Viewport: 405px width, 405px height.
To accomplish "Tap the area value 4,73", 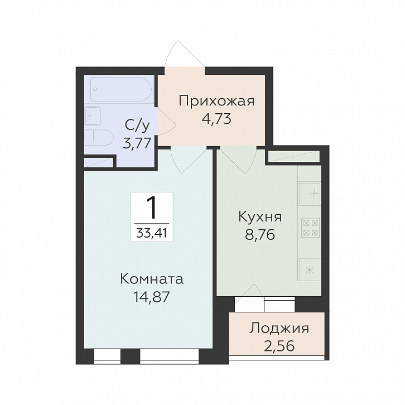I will tap(216, 118).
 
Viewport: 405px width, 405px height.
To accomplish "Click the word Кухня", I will tap(260, 216).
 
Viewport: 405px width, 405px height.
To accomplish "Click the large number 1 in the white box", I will tap(152, 209).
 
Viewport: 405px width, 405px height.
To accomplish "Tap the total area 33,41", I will tap(152, 232).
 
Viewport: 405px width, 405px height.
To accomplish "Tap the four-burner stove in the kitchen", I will tap(310, 227).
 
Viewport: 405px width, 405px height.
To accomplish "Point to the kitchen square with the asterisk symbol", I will tap(310, 269).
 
